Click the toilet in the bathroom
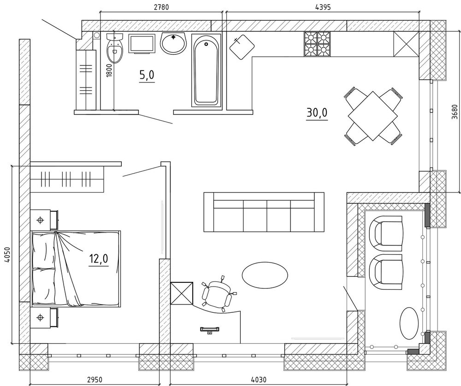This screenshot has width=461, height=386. pyautogui.click(x=115, y=48)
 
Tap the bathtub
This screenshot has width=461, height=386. pyautogui.click(x=206, y=70)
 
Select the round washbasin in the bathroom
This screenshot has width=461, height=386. pyautogui.click(x=173, y=43)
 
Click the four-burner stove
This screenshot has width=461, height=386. pyautogui.click(x=317, y=44)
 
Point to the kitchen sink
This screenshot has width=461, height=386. pyautogui.click(x=242, y=47)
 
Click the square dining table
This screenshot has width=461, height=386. pyautogui.click(x=373, y=116)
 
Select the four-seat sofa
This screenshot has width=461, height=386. pyautogui.click(x=264, y=212)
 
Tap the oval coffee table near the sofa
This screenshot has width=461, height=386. pyautogui.click(x=265, y=275)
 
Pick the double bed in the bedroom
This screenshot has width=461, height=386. pyautogui.click(x=76, y=269)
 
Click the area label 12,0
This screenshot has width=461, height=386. pyautogui.click(x=99, y=259)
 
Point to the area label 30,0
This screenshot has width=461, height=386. pyautogui.click(x=317, y=112)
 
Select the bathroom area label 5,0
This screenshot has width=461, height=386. pyautogui.click(x=147, y=76)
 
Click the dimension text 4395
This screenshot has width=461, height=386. pyautogui.click(x=323, y=7)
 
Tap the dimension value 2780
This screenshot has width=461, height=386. pyautogui.click(x=161, y=7)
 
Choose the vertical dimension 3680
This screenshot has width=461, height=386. pyautogui.click(x=455, y=112)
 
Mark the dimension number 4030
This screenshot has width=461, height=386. pyautogui.click(x=259, y=380)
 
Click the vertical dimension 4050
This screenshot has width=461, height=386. pyautogui.click(x=7, y=255)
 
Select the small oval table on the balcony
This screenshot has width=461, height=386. pyautogui.click(x=409, y=323)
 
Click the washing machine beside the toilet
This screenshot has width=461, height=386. pyautogui.click(x=142, y=44)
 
